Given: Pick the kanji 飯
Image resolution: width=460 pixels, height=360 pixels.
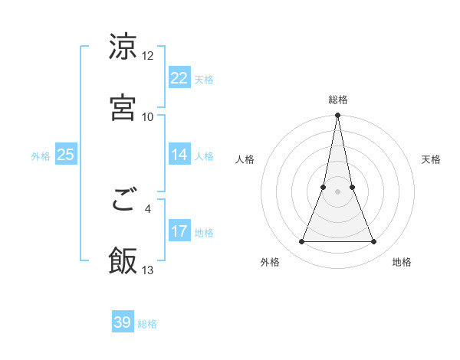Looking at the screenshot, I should click(123, 261).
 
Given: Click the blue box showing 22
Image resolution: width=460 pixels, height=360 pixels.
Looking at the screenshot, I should click(179, 78).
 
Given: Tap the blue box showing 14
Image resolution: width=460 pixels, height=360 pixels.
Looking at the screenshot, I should click(179, 155).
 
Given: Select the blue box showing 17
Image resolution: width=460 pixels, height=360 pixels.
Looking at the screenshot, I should click(179, 231).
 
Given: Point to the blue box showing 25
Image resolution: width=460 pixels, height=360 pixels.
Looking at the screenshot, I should click(65, 155).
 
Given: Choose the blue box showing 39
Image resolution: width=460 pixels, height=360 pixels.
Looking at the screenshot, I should click(123, 322).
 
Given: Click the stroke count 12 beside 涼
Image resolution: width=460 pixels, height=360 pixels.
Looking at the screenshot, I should click(148, 56).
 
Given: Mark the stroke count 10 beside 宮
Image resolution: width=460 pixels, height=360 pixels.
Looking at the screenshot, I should click(148, 116).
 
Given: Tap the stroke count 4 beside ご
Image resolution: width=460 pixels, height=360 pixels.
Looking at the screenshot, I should click(148, 208).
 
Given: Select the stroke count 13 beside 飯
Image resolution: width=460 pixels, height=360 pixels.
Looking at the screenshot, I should click(148, 270).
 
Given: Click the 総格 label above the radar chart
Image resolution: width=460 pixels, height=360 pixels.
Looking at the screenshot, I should click(338, 100).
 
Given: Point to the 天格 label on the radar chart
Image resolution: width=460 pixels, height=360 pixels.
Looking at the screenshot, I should click(432, 159).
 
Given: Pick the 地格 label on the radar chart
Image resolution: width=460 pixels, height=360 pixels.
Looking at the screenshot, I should click(402, 262).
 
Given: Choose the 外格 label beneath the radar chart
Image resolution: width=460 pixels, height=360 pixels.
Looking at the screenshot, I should click(270, 262).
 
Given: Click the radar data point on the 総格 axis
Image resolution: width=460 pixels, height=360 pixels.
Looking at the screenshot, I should click(338, 116).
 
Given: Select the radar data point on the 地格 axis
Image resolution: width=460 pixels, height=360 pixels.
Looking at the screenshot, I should click(374, 242).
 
